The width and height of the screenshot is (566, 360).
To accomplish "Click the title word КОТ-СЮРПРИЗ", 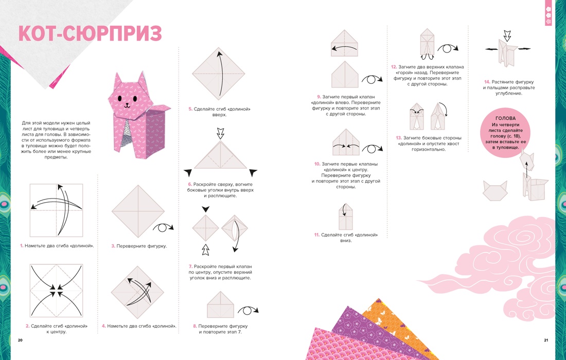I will pyautogui.click(x=90, y=33).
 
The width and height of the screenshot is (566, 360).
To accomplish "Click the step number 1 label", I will pyautogui.click(x=22, y=246).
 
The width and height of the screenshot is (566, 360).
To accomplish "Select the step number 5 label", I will pyautogui.click(x=190, y=109).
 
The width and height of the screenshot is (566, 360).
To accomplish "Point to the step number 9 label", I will pyautogui.click(x=319, y=96).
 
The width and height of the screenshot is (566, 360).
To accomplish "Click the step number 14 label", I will pyautogui.click(x=486, y=81).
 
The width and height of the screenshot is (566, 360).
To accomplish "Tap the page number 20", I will pyautogui.click(x=20, y=340).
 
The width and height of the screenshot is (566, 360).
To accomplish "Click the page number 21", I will pyautogui.click(x=546, y=340).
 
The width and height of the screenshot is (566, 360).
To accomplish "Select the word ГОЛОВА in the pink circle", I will pyautogui.click(x=502, y=118).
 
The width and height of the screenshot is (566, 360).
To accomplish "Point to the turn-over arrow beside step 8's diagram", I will pyautogui.click(x=249, y=311).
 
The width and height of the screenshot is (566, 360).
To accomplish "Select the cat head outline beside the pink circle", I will pyautogui.click(x=494, y=190).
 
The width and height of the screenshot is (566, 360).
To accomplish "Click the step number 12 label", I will pyautogui.click(x=394, y=67).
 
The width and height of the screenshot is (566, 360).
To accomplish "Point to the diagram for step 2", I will pyautogui.click(x=56, y=291).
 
